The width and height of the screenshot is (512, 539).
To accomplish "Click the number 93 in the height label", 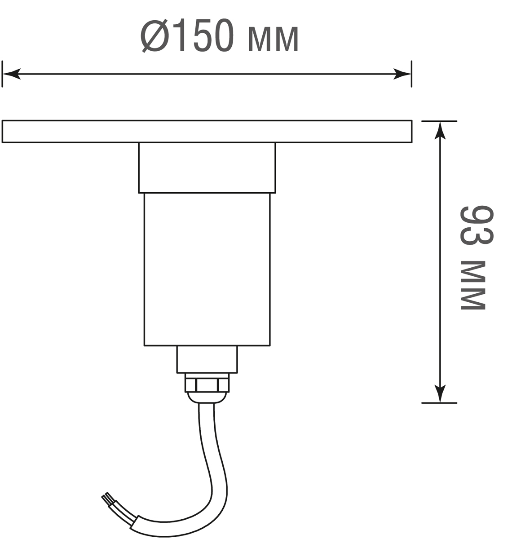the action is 477,225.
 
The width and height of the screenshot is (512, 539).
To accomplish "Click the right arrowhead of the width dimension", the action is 402,74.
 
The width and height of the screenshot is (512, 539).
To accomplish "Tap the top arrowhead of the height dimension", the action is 440,131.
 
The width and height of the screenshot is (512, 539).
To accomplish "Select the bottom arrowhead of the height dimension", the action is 440,394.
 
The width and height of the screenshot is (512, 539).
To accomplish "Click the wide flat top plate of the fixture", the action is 207,131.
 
